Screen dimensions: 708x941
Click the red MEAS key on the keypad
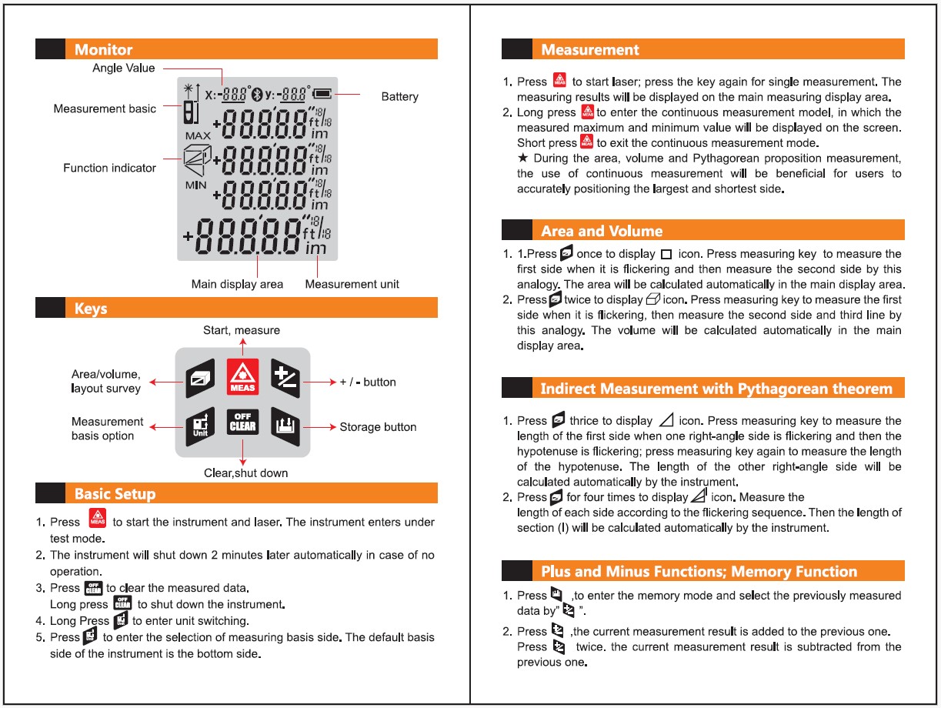(x=242, y=377)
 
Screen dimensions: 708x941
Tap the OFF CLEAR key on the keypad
(x=242, y=423)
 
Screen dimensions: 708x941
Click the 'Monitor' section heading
(x=103, y=50)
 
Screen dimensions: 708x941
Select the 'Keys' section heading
(x=91, y=309)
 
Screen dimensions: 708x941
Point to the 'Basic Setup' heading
(x=115, y=493)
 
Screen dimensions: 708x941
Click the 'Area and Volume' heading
(x=601, y=231)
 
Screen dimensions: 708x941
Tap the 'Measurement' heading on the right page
(x=589, y=50)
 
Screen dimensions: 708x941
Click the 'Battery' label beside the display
(x=399, y=97)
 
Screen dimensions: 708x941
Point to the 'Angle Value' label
(x=123, y=68)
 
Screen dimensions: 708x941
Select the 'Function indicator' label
(x=109, y=168)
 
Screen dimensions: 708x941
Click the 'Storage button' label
(x=378, y=427)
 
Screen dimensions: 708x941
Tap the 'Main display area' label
(x=237, y=284)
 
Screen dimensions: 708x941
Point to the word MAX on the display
(x=198, y=135)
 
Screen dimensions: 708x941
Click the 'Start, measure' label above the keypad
(x=242, y=330)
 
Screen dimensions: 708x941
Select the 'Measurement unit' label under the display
(x=352, y=284)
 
